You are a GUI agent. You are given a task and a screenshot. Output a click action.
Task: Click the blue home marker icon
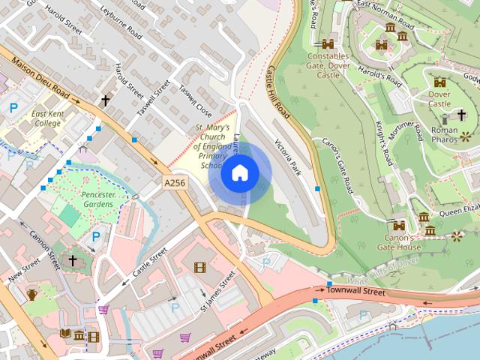(x=239, y=172)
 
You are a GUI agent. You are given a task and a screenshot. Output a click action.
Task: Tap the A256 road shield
(x=174, y=182)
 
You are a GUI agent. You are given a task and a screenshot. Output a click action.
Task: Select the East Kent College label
(x=46, y=118)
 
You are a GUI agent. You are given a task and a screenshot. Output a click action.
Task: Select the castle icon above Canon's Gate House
(x=399, y=225)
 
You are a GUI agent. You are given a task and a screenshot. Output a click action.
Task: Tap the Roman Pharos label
(x=444, y=134)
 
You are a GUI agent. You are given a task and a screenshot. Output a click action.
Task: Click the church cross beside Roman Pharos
(x=461, y=115)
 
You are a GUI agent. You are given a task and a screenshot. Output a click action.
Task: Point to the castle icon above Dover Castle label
(x=439, y=82)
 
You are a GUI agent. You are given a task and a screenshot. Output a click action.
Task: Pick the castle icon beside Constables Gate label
(x=328, y=44)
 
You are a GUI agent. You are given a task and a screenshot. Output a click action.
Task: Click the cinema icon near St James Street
(x=199, y=267)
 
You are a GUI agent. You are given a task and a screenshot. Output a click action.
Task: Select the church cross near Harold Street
(x=106, y=99)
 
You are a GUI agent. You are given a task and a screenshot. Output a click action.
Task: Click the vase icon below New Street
(x=31, y=295)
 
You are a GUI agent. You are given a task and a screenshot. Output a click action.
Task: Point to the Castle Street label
(x=150, y=265)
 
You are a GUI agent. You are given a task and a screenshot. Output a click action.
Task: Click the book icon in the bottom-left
(x=65, y=334)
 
